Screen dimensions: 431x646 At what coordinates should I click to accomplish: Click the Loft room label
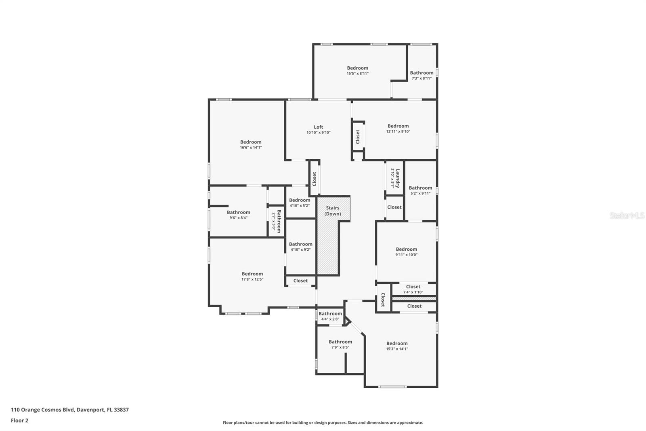click(x=319, y=127)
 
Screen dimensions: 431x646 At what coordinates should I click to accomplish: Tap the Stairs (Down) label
click(x=333, y=211)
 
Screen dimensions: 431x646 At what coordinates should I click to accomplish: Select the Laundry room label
click(x=397, y=178)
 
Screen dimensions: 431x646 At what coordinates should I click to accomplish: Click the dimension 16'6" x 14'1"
click(x=251, y=148)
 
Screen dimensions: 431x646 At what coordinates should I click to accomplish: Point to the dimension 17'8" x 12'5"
click(x=252, y=279)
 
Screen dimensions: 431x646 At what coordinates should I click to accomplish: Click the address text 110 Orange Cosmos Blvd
click(x=42, y=410)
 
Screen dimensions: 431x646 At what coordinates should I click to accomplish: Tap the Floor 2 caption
click(x=19, y=420)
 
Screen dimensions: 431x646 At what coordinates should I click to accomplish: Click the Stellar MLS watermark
click(x=627, y=215)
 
